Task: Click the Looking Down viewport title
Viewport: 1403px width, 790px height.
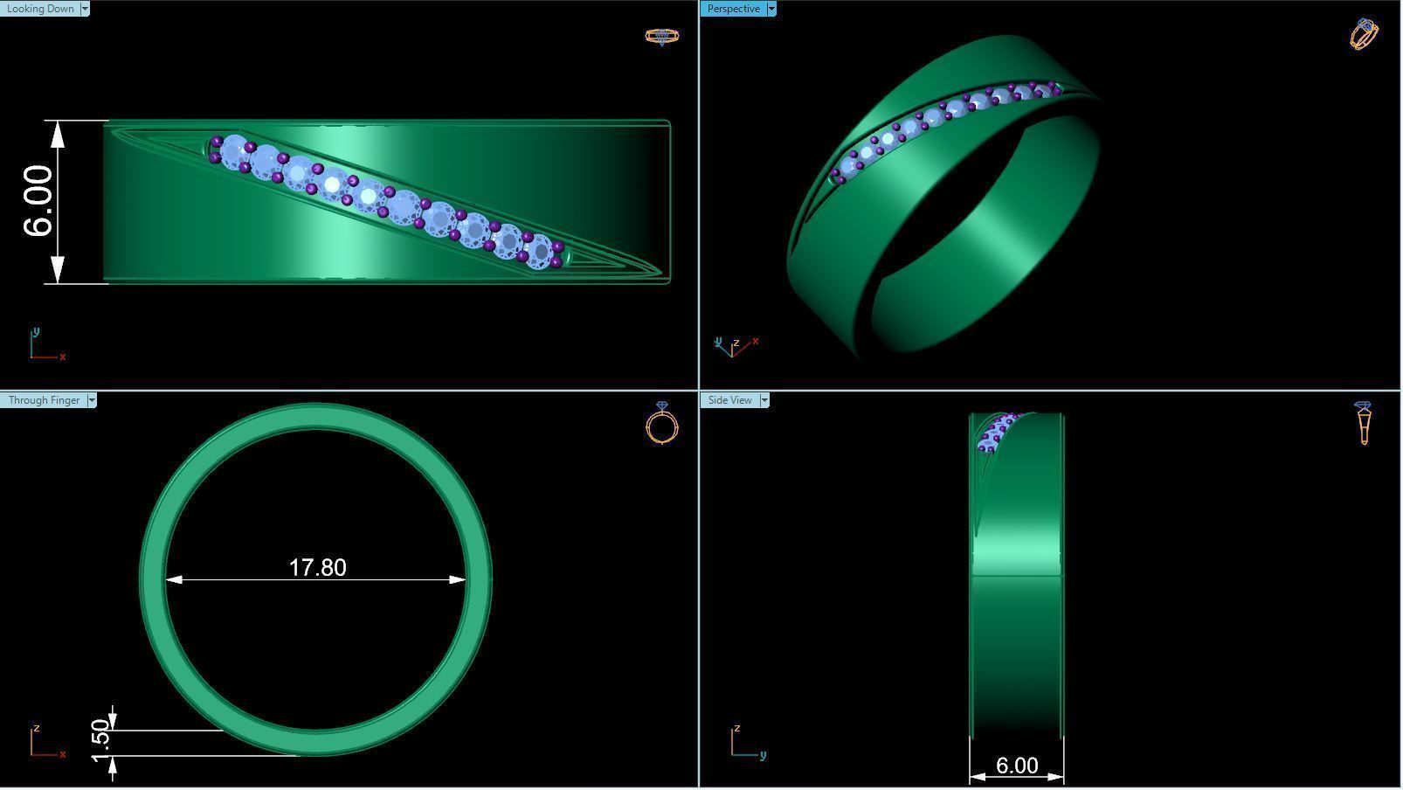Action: [40, 9]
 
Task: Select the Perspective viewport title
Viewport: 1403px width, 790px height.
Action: [733, 9]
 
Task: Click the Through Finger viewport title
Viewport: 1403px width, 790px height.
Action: [44, 400]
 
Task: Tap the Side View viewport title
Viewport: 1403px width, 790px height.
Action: [729, 400]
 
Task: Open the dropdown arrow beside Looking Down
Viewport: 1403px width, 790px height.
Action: [85, 9]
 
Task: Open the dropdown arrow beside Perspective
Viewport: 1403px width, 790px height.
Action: [771, 9]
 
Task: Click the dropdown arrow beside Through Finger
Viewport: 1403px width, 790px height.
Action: [92, 400]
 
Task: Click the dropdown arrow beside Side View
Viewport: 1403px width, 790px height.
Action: [764, 400]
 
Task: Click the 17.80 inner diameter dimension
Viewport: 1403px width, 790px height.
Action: [317, 568]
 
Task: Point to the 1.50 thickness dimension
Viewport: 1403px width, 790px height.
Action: [101, 738]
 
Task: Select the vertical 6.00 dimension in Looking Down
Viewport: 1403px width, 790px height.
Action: [39, 201]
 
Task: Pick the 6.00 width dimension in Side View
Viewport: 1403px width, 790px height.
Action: [1017, 766]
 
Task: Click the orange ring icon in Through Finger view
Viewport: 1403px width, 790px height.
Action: [661, 424]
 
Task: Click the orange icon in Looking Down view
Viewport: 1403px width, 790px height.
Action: [661, 36]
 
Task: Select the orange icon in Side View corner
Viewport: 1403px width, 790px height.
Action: [1364, 423]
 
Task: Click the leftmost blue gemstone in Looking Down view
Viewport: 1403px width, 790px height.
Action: [233, 152]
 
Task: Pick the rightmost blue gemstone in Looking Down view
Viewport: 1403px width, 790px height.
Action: [541, 251]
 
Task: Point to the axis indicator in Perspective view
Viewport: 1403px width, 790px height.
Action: [735, 346]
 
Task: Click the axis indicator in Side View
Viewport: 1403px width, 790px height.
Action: [745, 743]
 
